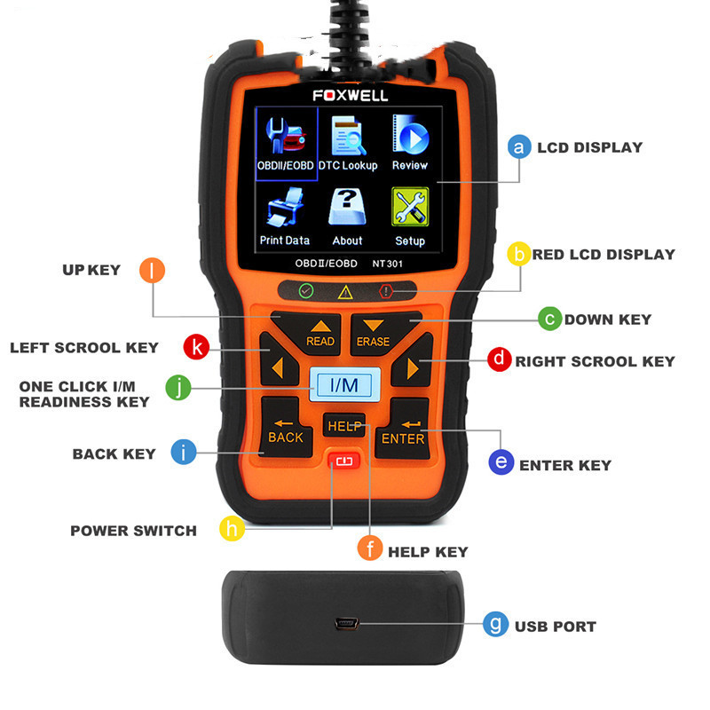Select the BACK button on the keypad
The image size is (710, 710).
[x=285, y=427]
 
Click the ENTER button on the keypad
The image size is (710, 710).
[x=403, y=429]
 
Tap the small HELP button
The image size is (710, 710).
[x=344, y=426]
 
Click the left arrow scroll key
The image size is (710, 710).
[x=278, y=361]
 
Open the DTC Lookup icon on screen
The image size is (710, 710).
[x=347, y=136]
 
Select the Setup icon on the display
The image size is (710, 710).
[x=410, y=207]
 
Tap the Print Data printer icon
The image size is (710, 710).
[x=285, y=207]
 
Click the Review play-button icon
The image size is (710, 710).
[x=410, y=135]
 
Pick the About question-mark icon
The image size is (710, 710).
[x=347, y=207]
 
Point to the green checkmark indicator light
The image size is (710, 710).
[x=306, y=290]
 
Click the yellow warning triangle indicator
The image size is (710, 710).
[x=345, y=292]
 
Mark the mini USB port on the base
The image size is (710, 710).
[x=346, y=624]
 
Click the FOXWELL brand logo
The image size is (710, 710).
[x=350, y=96]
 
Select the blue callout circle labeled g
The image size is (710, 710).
[x=496, y=624]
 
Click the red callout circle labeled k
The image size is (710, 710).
[x=196, y=347]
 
